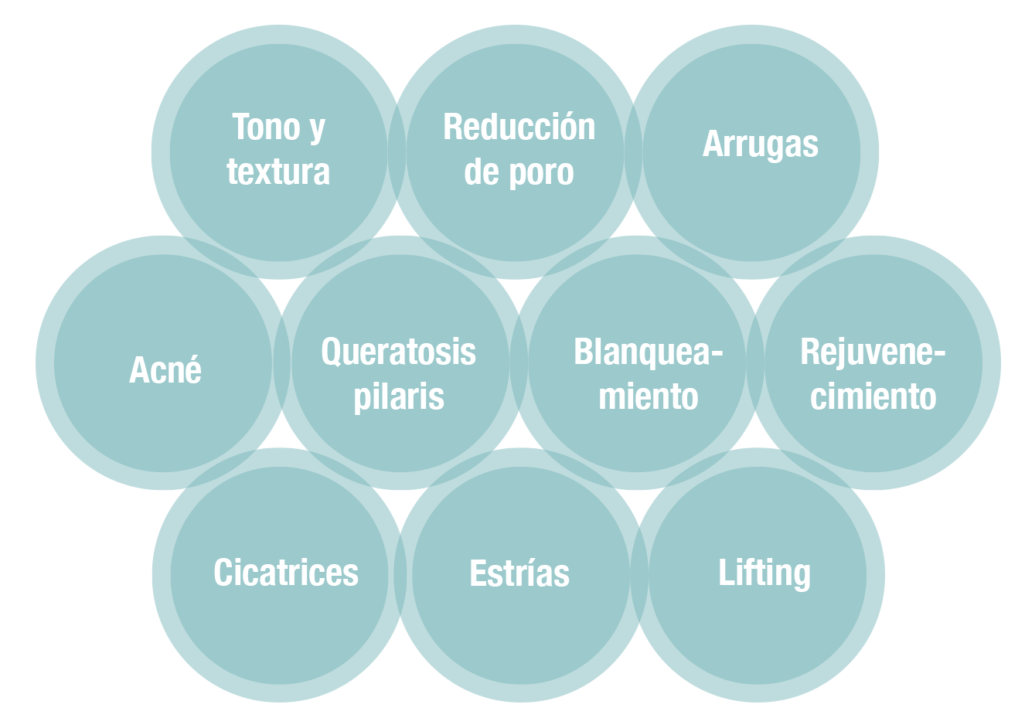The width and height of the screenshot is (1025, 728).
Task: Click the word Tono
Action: coord(267,128)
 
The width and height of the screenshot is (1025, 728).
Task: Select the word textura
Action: coord(278,172)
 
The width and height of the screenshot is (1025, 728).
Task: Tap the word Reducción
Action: coord(519,128)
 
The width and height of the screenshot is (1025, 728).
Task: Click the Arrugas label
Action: coord(760,145)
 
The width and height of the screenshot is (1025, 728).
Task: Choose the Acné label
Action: coord(165,370)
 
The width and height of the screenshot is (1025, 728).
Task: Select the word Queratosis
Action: coord(398,352)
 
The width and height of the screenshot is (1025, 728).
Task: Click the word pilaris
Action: coord(399,397)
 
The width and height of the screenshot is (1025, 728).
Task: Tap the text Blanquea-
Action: coord(648,352)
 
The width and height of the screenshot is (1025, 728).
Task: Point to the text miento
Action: coord(648,397)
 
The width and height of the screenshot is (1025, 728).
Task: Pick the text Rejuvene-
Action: coord(873,352)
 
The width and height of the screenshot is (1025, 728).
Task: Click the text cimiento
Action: coord(873,397)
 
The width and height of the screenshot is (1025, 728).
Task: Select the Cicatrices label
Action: coord(286,573)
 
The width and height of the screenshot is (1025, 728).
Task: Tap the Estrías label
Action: coord(519,573)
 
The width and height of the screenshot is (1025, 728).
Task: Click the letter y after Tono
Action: coord(317,129)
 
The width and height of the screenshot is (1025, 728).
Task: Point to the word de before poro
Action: coord(481,172)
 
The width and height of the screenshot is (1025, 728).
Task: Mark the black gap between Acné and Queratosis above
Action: coord(281,292)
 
